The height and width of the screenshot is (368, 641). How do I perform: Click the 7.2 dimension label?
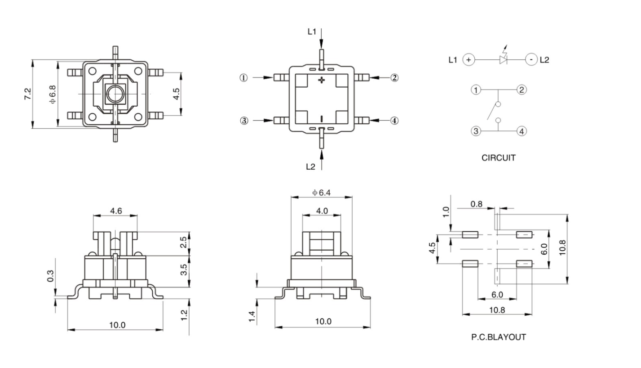coord(28,94)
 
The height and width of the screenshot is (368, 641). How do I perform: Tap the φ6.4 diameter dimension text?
coord(322,193)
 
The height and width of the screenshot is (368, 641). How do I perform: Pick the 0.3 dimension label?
coord(51,276)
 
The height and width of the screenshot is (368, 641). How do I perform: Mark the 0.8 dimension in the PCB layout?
coord(477,204)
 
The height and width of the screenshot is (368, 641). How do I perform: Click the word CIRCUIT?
coord(498,158)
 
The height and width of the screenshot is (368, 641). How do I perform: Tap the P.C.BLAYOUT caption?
coord(498,337)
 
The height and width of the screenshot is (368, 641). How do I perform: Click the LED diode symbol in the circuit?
coord(504,59)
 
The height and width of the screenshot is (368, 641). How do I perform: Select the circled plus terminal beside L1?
coord(469,59)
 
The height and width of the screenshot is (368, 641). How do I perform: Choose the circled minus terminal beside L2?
coord(531,59)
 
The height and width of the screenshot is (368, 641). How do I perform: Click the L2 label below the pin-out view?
coord(311,166)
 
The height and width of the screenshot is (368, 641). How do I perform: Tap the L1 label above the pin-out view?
coord(312,31)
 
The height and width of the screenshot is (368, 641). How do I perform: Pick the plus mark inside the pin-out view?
coord(321,81)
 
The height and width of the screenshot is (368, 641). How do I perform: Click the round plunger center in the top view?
coord(115,94)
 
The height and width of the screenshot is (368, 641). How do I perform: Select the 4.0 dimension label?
coord(322,211)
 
